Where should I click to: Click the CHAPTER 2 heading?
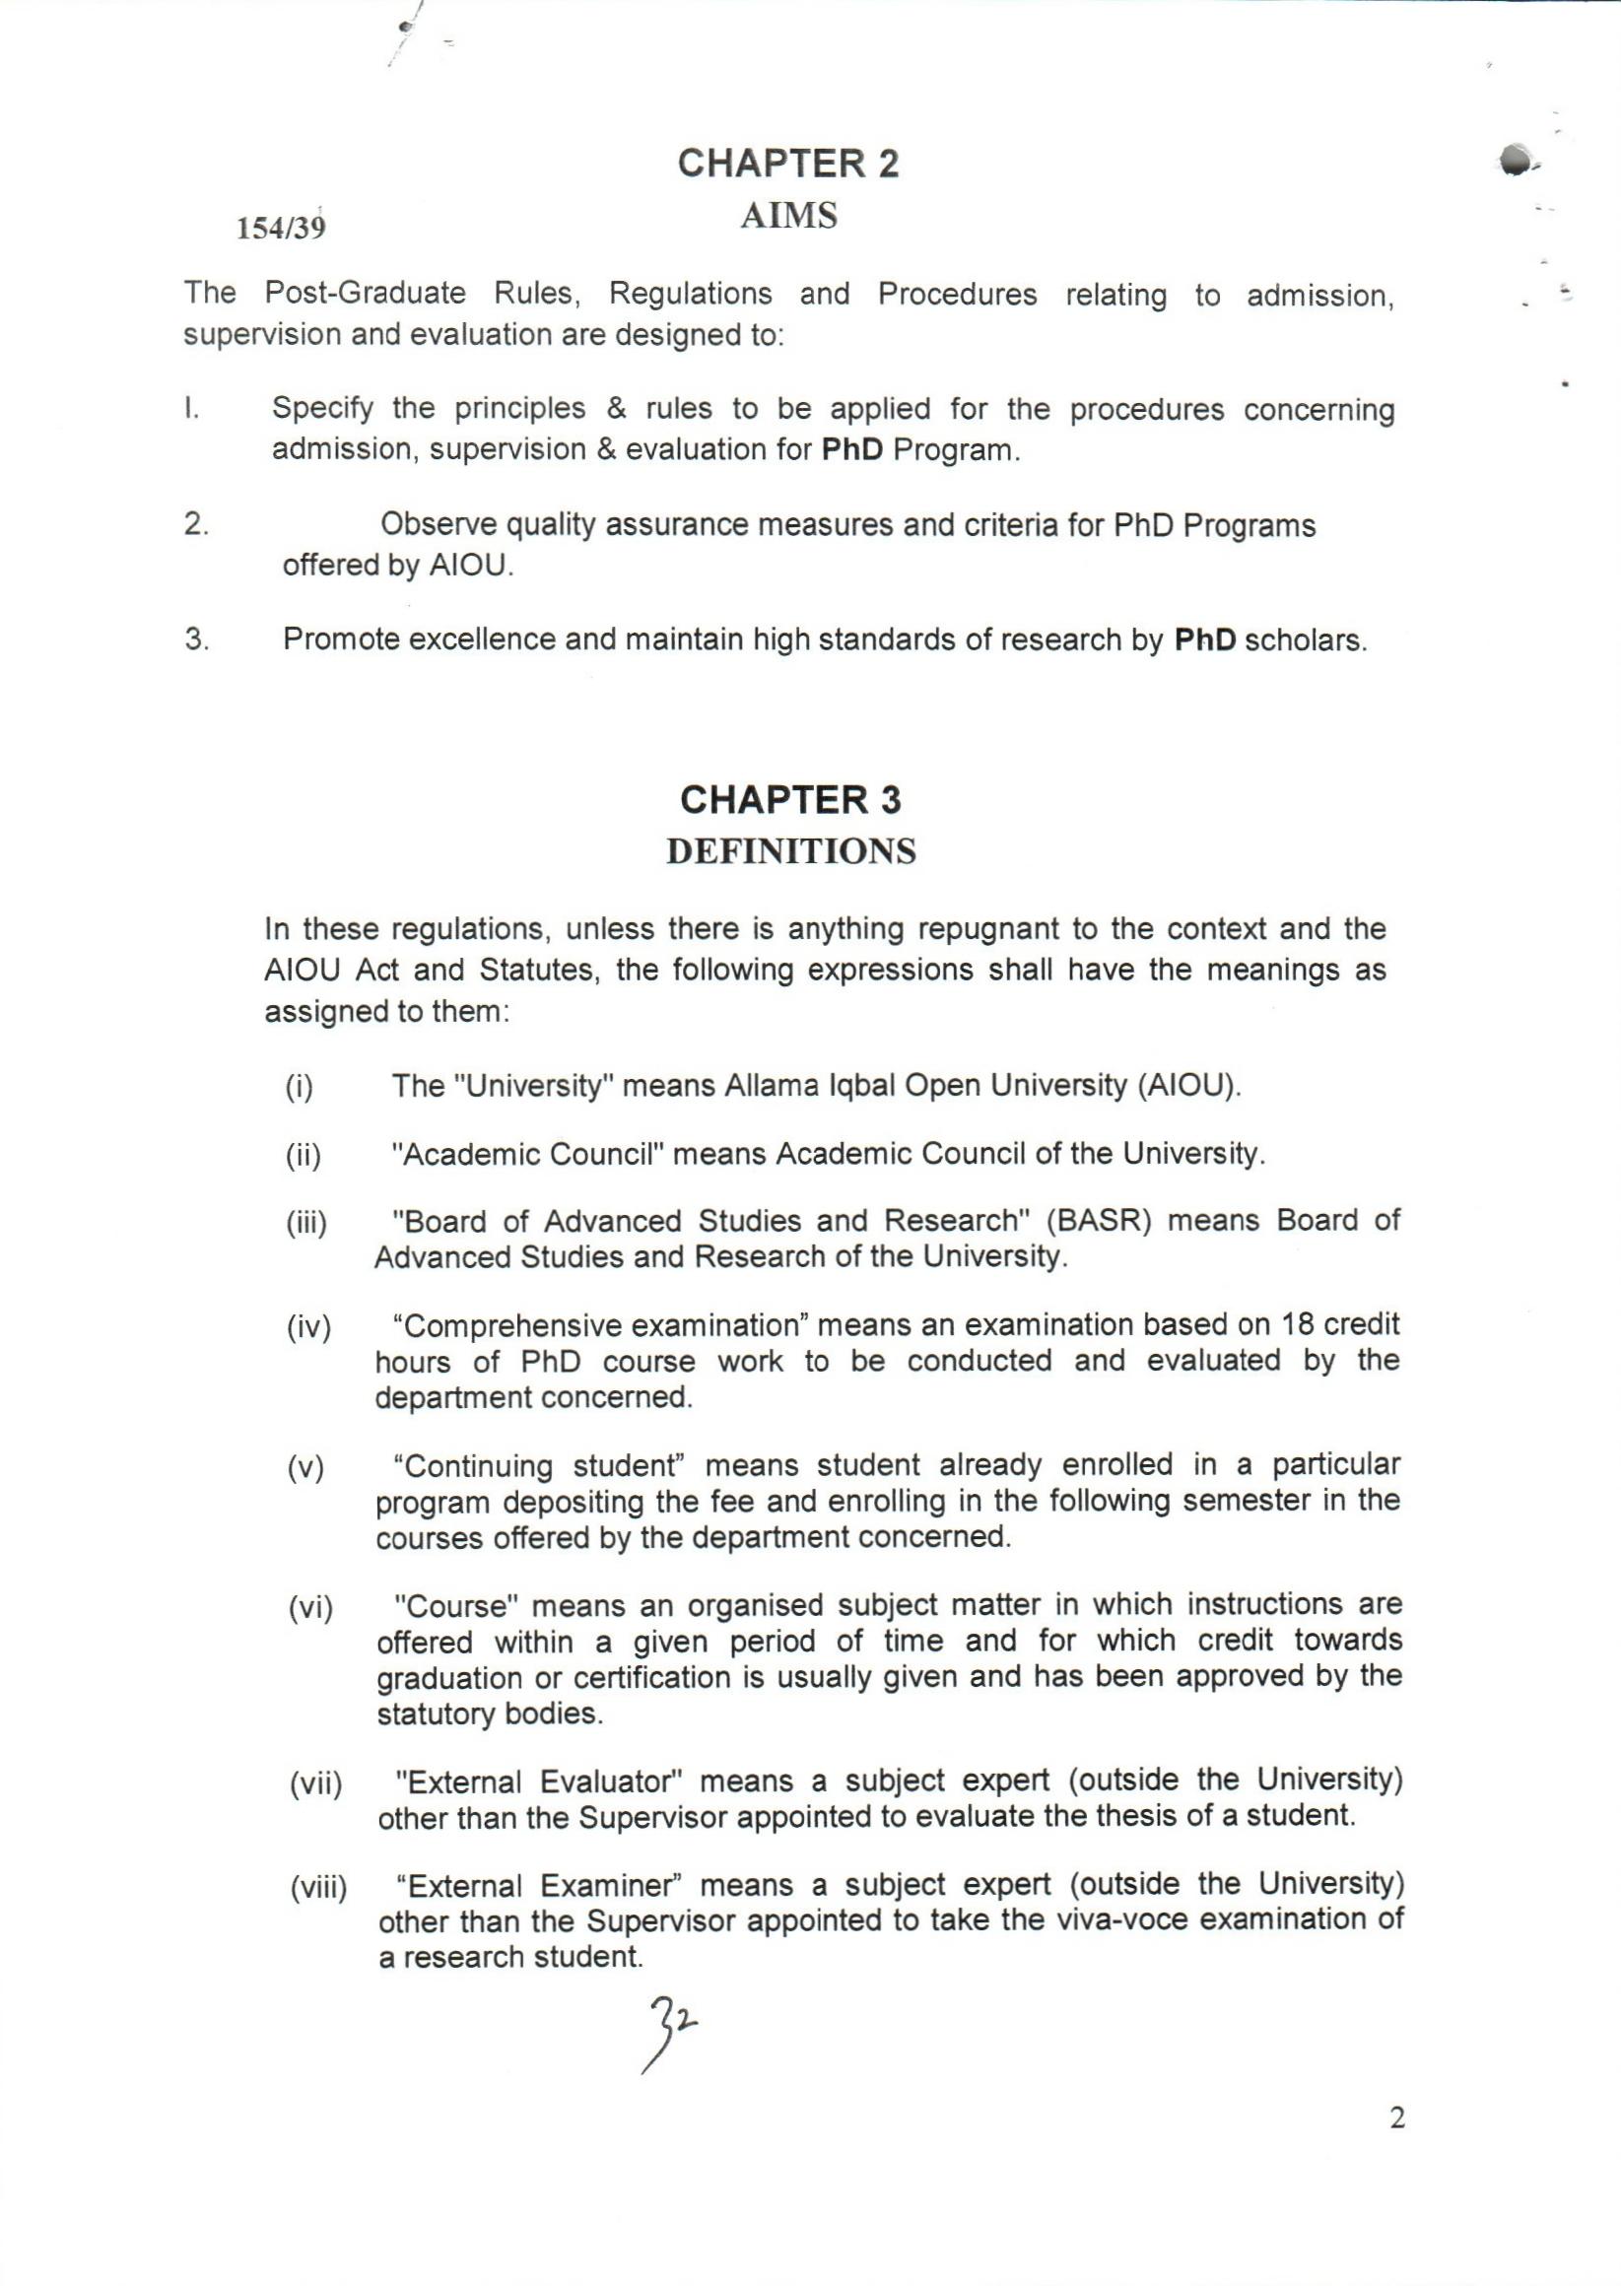tap(788, 164)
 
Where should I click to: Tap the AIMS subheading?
tap(788, 216)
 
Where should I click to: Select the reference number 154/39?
tap(281, 229)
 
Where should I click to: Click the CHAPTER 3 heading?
tap(789, 799)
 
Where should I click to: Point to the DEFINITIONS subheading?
tap(790, 851)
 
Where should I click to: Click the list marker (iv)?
tap(308, 1328)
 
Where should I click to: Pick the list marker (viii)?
tap(318, 1888)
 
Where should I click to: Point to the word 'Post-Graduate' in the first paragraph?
tap(366, 294)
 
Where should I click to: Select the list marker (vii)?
tap(315, 1783)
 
